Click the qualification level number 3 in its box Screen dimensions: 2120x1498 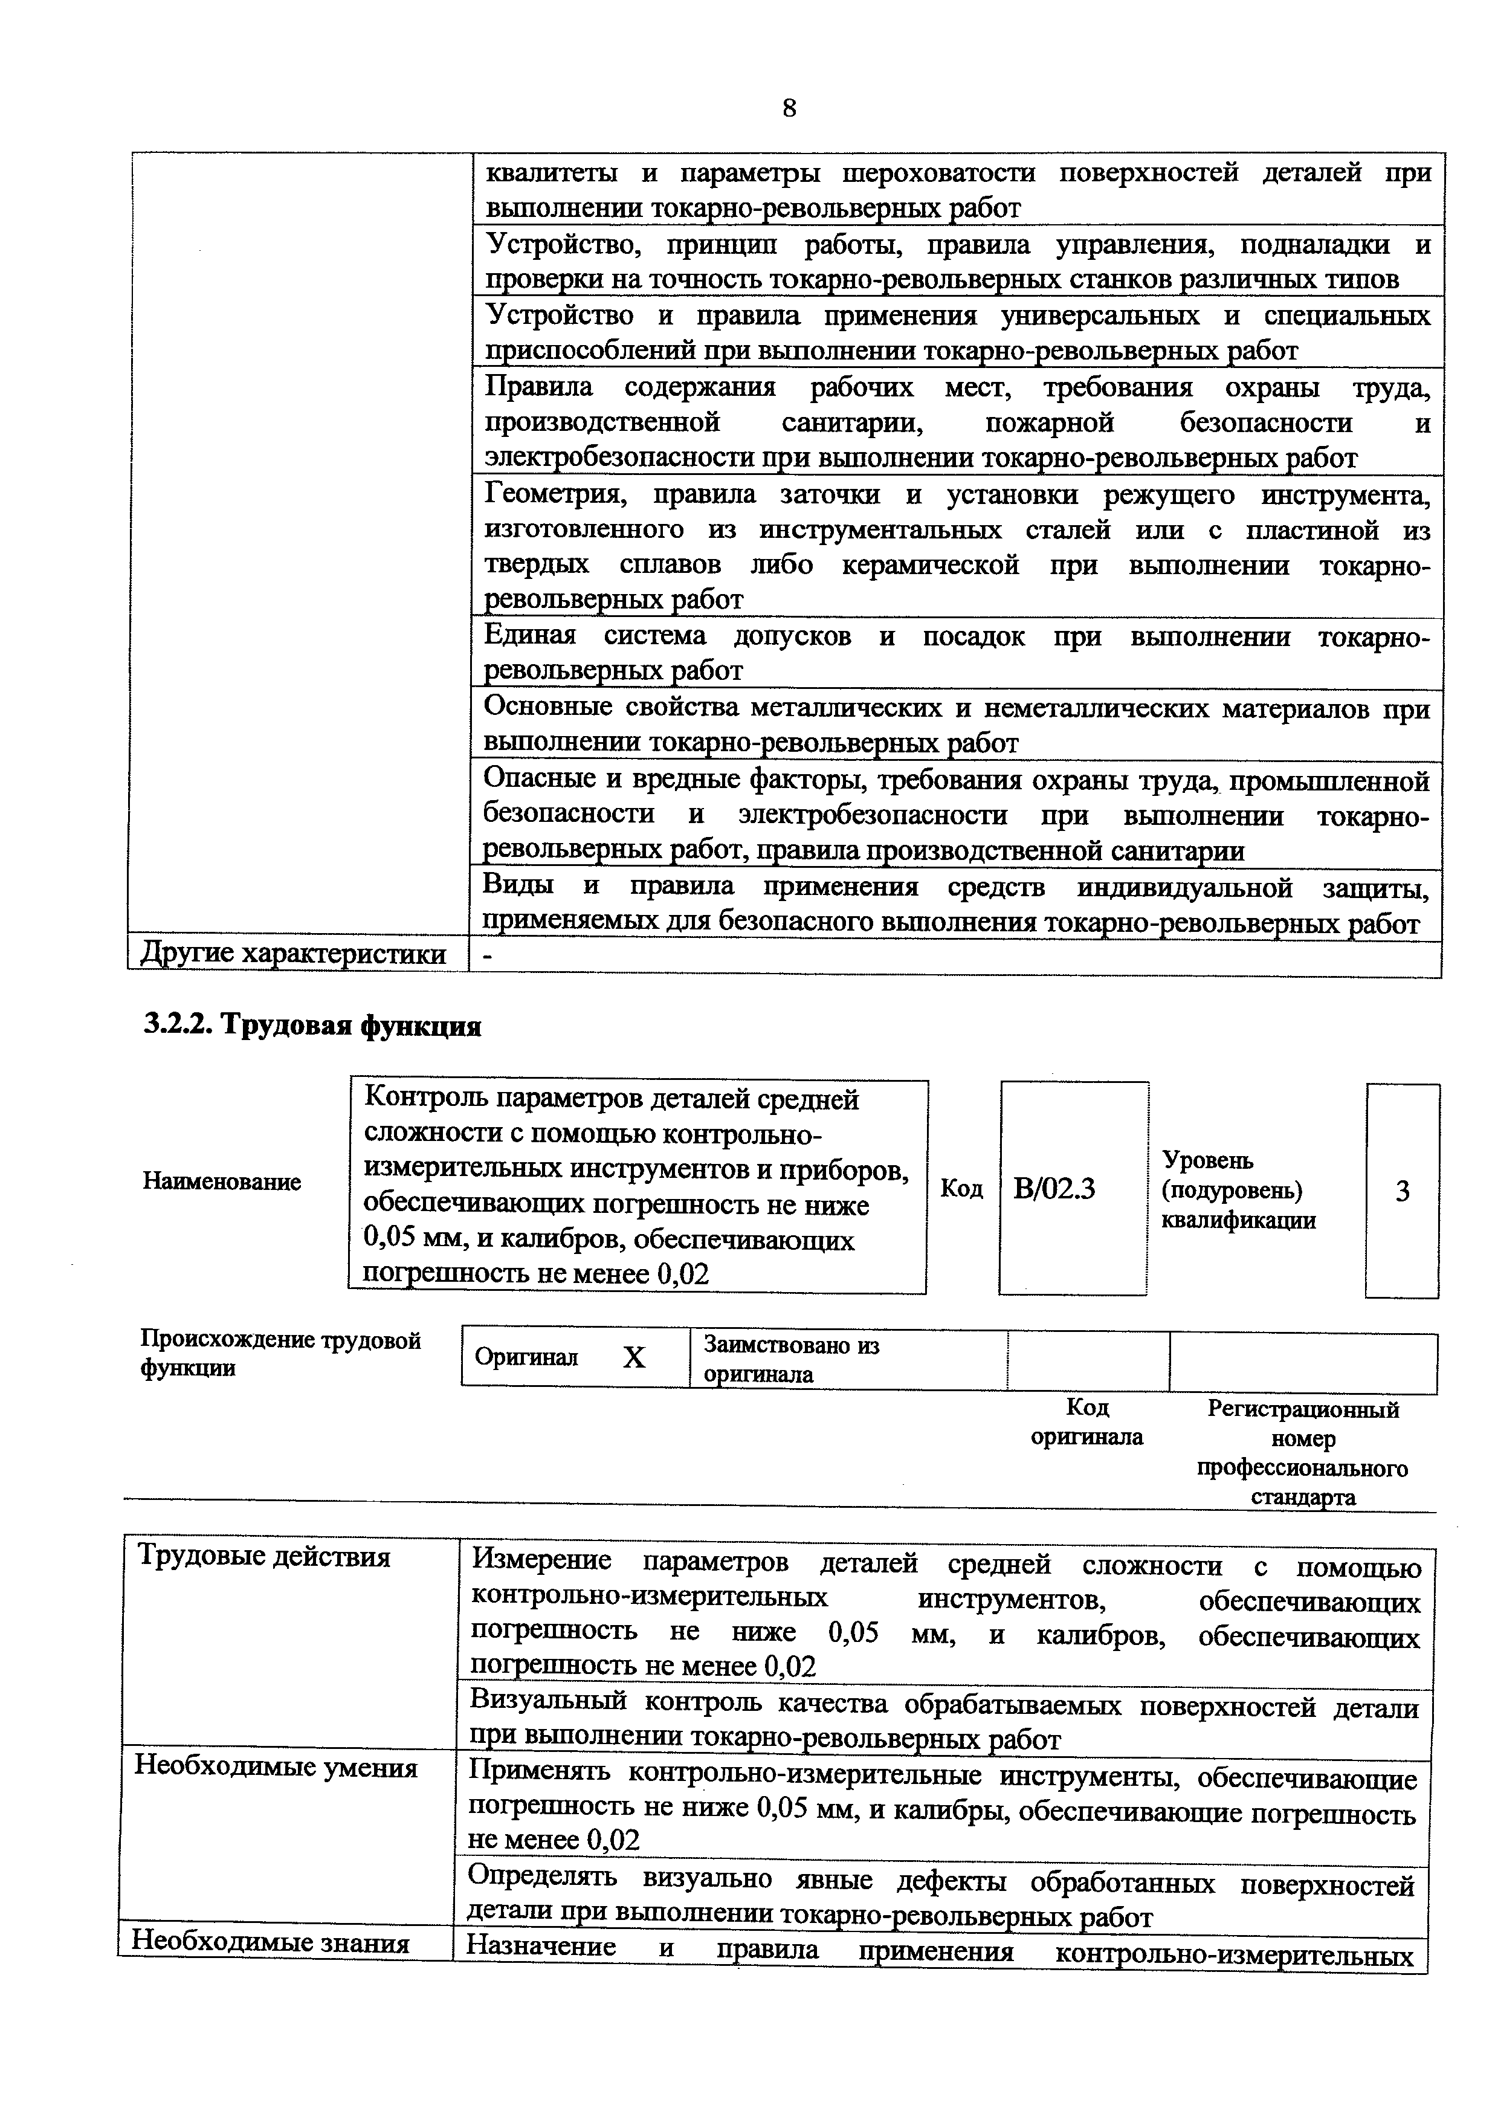click(1402, 1192)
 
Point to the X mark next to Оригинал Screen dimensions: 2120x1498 click(633, 1357)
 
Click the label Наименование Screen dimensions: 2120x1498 click(222, 1182)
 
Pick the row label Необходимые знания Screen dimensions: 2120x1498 click(271, 1942)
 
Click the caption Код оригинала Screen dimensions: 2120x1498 click(1086, 1422)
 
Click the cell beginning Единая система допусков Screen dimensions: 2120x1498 click(956, 653)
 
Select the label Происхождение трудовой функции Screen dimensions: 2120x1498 click(280, 1354)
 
